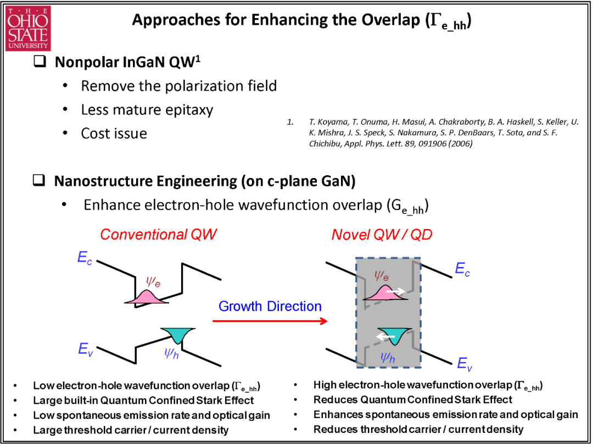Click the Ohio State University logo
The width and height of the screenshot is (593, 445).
coord(27,29)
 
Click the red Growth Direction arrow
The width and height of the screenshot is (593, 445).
coord(270,321)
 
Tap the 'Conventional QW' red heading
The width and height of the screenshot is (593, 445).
coord(159,234)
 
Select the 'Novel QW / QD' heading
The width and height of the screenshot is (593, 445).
coord(382,235)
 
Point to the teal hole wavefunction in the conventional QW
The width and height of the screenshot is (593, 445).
coord(178,335)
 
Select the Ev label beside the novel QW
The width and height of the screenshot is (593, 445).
coord(465,363)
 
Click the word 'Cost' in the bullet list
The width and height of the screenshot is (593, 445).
coord(96,133)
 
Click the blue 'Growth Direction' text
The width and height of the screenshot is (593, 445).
coord(270,306)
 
